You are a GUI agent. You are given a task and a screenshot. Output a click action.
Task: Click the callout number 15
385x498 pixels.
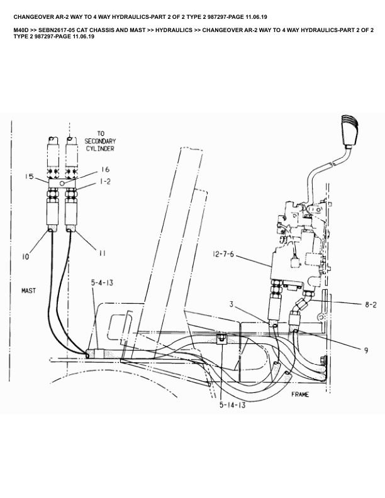coord(30,177)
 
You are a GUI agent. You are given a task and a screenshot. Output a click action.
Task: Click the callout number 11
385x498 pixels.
coord(103,253)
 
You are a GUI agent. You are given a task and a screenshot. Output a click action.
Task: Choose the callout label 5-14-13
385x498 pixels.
coord(232,406)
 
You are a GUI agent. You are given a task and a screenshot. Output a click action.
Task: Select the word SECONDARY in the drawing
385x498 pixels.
coord(100,141)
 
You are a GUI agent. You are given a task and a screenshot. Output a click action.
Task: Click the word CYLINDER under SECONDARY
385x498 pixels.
coord(100,149)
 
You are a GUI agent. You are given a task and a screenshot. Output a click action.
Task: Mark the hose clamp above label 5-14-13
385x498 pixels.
coord(222,339)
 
